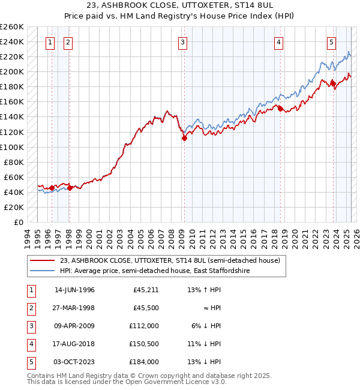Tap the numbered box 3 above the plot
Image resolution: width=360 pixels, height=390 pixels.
pyautogui.click(x=182, y=42)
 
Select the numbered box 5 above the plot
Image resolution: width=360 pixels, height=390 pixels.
pyautogui.click(x=332, y=42)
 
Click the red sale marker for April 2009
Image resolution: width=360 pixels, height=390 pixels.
pyautogui.click(x=185, y=138)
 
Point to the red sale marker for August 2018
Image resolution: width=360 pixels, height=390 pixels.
pyautogui.click(x=280, y=109)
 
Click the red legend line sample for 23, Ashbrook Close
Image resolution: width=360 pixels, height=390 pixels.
pyautogui.click(x=42, y=261)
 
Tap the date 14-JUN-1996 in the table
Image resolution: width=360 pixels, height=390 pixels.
pyautogui.click(x=74, y=290)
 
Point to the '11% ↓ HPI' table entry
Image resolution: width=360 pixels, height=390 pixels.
pyautogui.click(x=204, y=344)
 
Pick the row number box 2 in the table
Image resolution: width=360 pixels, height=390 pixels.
pyautogui.click(x=30, y=308)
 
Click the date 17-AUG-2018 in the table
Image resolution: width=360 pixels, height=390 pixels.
pyautogui.click(x=74, y=344)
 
